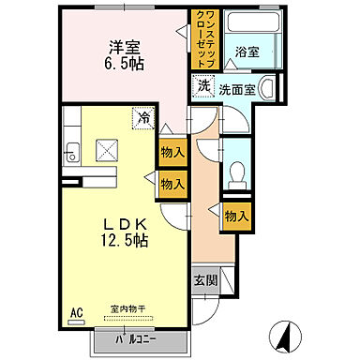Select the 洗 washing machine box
(x=203, y=86)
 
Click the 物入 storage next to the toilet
(x=236, y=216)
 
